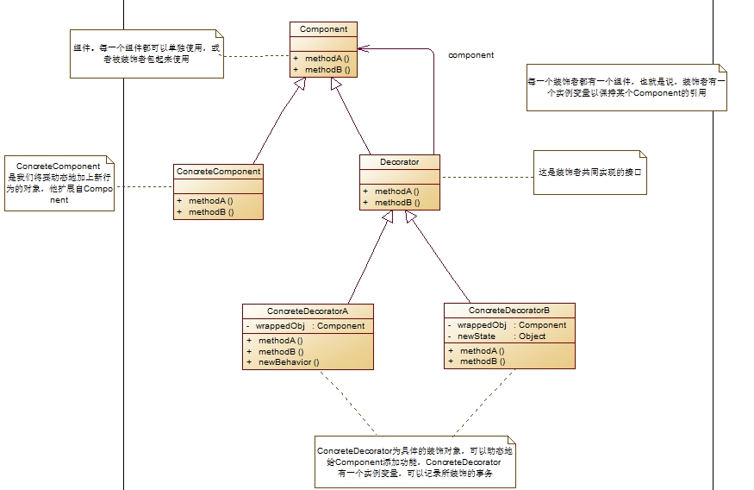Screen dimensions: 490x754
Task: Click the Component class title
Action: tap(323, 29)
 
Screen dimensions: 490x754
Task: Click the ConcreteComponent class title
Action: tap(218, 172)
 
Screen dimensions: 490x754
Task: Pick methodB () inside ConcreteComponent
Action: tap(211, 211)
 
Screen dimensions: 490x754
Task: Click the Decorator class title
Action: tap(399, 161)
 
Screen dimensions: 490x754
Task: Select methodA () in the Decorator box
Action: tap(396, 192)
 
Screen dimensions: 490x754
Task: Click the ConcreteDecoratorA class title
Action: tap(308, 311)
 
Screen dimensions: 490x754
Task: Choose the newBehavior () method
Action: tap(289, 362)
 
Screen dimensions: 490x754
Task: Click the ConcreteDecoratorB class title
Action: tap(508, 310)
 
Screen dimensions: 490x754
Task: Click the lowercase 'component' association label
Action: tap(470, 55)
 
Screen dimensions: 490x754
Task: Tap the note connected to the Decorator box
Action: tap(590, 173)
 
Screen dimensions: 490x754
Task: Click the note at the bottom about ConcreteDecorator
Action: tap(417, 462)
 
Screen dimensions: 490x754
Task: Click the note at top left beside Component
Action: tap(145, 54)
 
